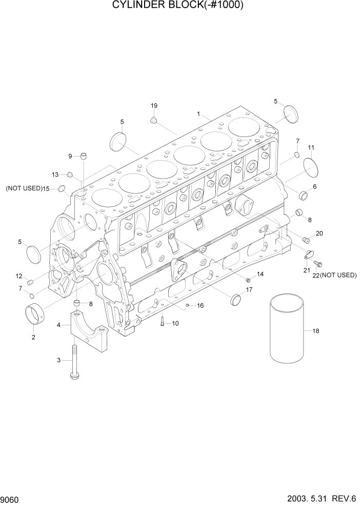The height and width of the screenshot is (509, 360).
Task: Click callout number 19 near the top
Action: click(154, 106)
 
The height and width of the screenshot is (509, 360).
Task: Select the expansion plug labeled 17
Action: click(237, 299)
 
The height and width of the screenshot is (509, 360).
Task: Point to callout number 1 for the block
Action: click(198, 113)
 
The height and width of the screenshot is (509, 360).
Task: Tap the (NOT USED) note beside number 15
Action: click(23, 188)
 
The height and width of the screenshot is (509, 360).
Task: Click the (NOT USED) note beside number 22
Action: click(338, 275)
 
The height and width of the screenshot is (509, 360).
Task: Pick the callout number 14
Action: click(260, 275)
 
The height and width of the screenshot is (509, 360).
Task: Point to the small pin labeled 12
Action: click(30, 282)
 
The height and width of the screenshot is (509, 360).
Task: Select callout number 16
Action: click(200, 306)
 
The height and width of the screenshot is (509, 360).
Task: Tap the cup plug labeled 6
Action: click(303, 195)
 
